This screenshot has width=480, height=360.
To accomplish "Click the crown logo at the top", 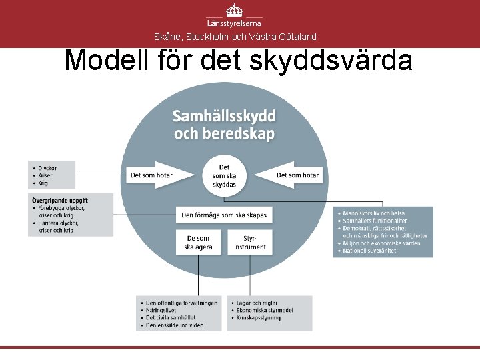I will click(x=234, y=11).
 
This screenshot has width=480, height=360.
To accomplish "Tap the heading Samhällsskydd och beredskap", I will click(x=224, y=125).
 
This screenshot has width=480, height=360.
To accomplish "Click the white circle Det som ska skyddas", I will click(x=224, y=175).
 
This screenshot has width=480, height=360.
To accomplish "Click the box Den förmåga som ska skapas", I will click(x=224, y=215).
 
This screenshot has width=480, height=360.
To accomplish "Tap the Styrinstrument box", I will click(x=250, y=243).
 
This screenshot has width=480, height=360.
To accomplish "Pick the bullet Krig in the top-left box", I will click(x=44, y=183).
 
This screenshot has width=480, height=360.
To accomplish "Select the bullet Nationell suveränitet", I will click(x=371, y=251).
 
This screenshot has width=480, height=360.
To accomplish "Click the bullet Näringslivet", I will click(x=163, y=310).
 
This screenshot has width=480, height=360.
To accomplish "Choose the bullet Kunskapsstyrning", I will click(x=259, y=318).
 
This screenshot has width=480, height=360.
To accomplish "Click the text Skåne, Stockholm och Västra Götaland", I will click(x=235, y=37).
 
